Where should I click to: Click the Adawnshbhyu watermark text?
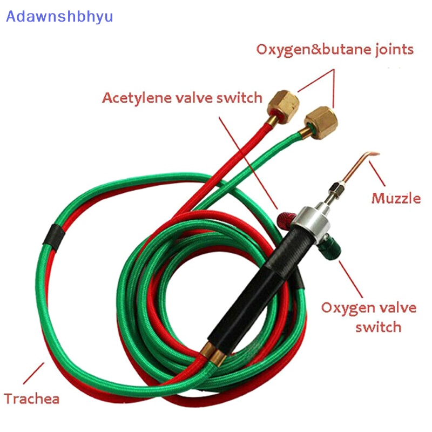click(59, 17)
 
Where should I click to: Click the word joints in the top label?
click(394, 50)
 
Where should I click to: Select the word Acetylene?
click(137, 98)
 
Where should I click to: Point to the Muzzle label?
click(396, 198)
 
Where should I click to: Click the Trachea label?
click(32, 399)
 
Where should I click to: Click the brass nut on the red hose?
click(283, 106)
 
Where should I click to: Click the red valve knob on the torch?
click(286, 220)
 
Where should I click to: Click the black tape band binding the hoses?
click(55, 237)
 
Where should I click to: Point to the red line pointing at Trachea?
click(33, 373)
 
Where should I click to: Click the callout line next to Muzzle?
click(377, 173)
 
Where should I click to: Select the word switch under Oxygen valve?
click(379, 327)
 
